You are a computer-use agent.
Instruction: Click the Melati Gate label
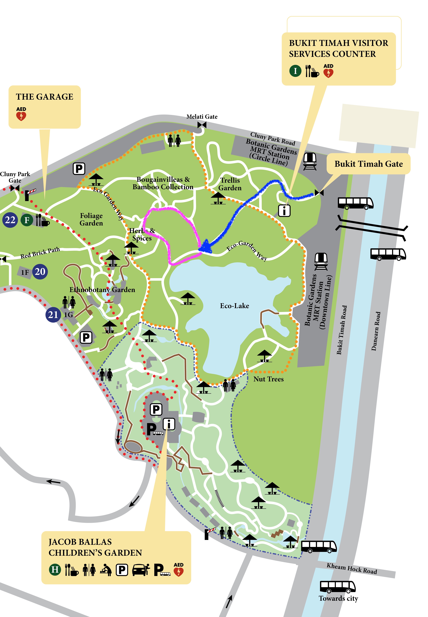point(202,117)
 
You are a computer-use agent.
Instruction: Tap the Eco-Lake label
point(234,306)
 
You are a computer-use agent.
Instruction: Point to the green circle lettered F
point(27,220)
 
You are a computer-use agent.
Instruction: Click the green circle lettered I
point(295,71)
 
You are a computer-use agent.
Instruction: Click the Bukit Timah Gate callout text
point(368,164)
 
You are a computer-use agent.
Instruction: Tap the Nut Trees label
point(268,379)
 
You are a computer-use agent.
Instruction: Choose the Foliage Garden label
point(91,219)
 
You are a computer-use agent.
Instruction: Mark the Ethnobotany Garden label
point(102,290)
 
